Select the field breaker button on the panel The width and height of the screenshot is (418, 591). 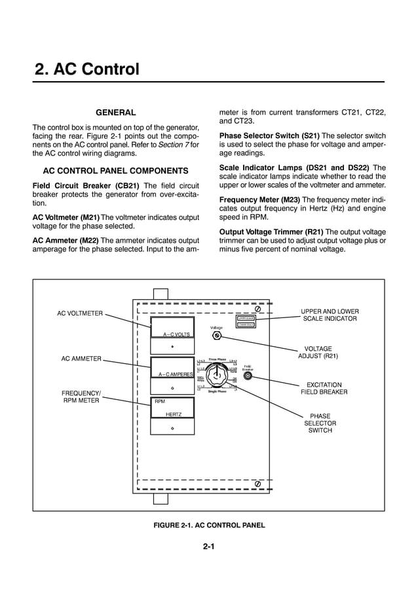pyautogui.click(x=248, y=376)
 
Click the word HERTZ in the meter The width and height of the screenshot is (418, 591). pyautogui.click(x=173, y=415)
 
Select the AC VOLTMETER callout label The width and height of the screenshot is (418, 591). pyautogui.click(x=80, y=313)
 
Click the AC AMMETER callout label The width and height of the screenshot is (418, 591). pyautogui.click(x=81, y=359)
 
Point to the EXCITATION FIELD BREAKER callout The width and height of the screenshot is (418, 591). pyautogui.click(x=324, y=388)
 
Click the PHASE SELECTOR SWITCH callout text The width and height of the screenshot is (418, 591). pyautogui.click(x=320, y=423)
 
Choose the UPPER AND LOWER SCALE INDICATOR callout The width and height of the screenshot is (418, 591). pyautogui.click(x=330, y=315)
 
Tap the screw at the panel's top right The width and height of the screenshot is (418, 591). pyautogui.click(x=258, y=310)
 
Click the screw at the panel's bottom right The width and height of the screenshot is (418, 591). pyautogui.click(x=258, y=483)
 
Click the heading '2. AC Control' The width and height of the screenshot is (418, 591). pyautogui.click(x=86, y=69)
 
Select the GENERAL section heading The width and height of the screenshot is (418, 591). pyautogui.click(x=116, y=113)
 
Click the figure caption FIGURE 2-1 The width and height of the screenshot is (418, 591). pyautogui.click(x=209, y=525)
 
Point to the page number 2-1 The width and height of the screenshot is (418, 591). pyautogui.click(x=209, y=548)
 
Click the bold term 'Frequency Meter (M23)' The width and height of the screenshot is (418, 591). pyautogui.click(x=259, y=199)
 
